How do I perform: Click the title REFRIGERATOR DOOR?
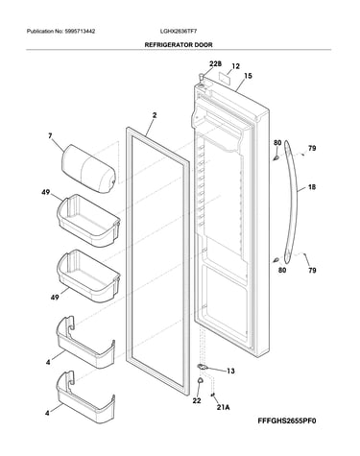pos(179,45)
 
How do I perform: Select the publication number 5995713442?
pos(80,32)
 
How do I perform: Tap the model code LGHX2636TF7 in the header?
pos(179,32)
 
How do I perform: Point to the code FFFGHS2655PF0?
pos(287,420)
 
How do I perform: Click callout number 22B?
pos(215,64)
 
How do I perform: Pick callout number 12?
pos(235,66)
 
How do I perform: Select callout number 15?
pos(248,76)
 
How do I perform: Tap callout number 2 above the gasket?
pos(155,115)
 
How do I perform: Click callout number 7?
pos(50,136)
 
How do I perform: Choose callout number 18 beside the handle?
pos(312,186)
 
